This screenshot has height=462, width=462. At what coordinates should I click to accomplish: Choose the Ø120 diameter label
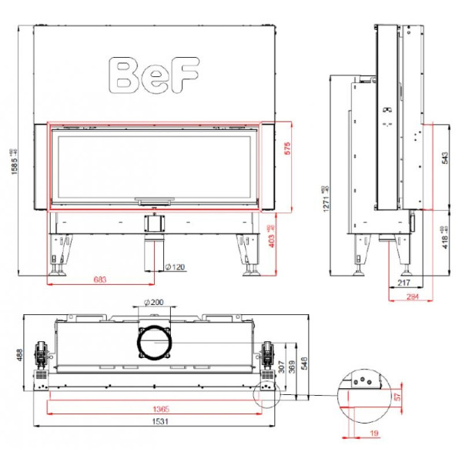[175, 267]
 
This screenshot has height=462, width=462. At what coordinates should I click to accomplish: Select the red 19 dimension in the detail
[373, 434]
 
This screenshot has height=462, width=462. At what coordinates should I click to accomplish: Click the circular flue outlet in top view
[155, 343]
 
